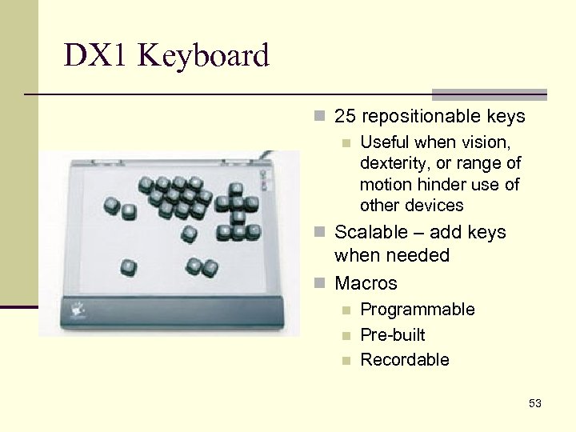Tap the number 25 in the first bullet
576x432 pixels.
coord(345,117)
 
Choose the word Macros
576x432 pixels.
coord(366,283)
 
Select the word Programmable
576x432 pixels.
coord(418,310)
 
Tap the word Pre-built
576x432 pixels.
coord(393,335)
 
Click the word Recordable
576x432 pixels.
coord(405,360)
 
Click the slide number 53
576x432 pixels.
coord(534,404)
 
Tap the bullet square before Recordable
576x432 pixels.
coord(346,361)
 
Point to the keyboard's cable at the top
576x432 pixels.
coord(272,154)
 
